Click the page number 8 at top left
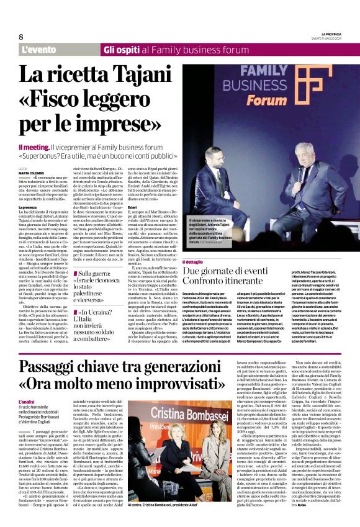pyautogui.click(x=21, y=37)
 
